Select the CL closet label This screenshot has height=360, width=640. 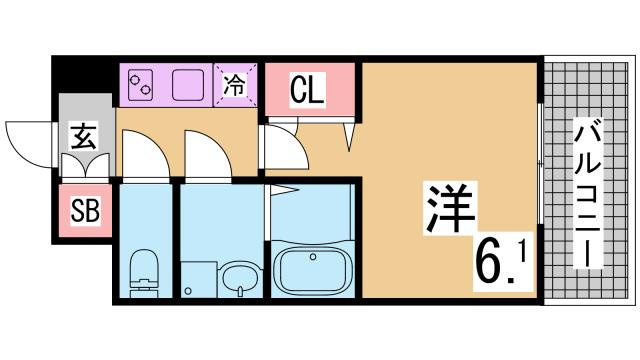point(307,92)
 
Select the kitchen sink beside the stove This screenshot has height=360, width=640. point(187,86)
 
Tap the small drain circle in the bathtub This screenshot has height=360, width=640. point(313,257)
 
